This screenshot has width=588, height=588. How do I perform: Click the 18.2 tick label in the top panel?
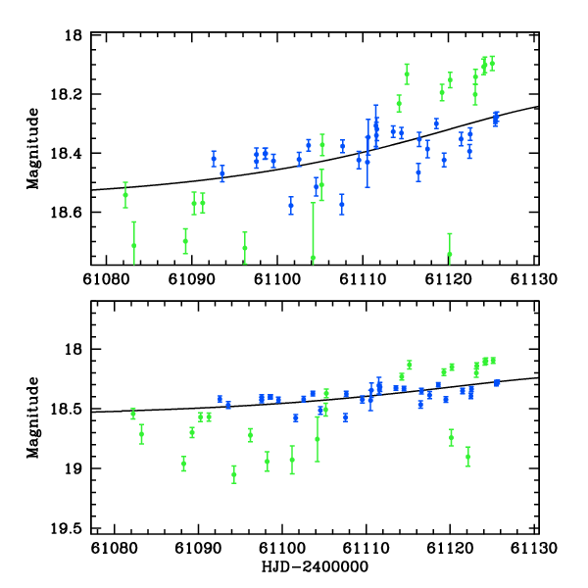pos(71,95)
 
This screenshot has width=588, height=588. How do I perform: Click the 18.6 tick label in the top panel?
pos(71,213)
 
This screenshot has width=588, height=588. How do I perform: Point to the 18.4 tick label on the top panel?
pos(71,154)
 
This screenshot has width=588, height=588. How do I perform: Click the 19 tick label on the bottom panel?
pos(74,468)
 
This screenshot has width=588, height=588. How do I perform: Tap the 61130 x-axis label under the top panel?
pos(537,278)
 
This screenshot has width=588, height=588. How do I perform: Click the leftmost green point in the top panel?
pos(125,194)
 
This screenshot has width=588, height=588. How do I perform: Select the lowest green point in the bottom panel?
pos(233,475)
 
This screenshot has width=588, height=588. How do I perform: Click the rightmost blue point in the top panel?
pos(496,117)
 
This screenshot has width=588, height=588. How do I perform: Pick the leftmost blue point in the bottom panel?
pos(220,399)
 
